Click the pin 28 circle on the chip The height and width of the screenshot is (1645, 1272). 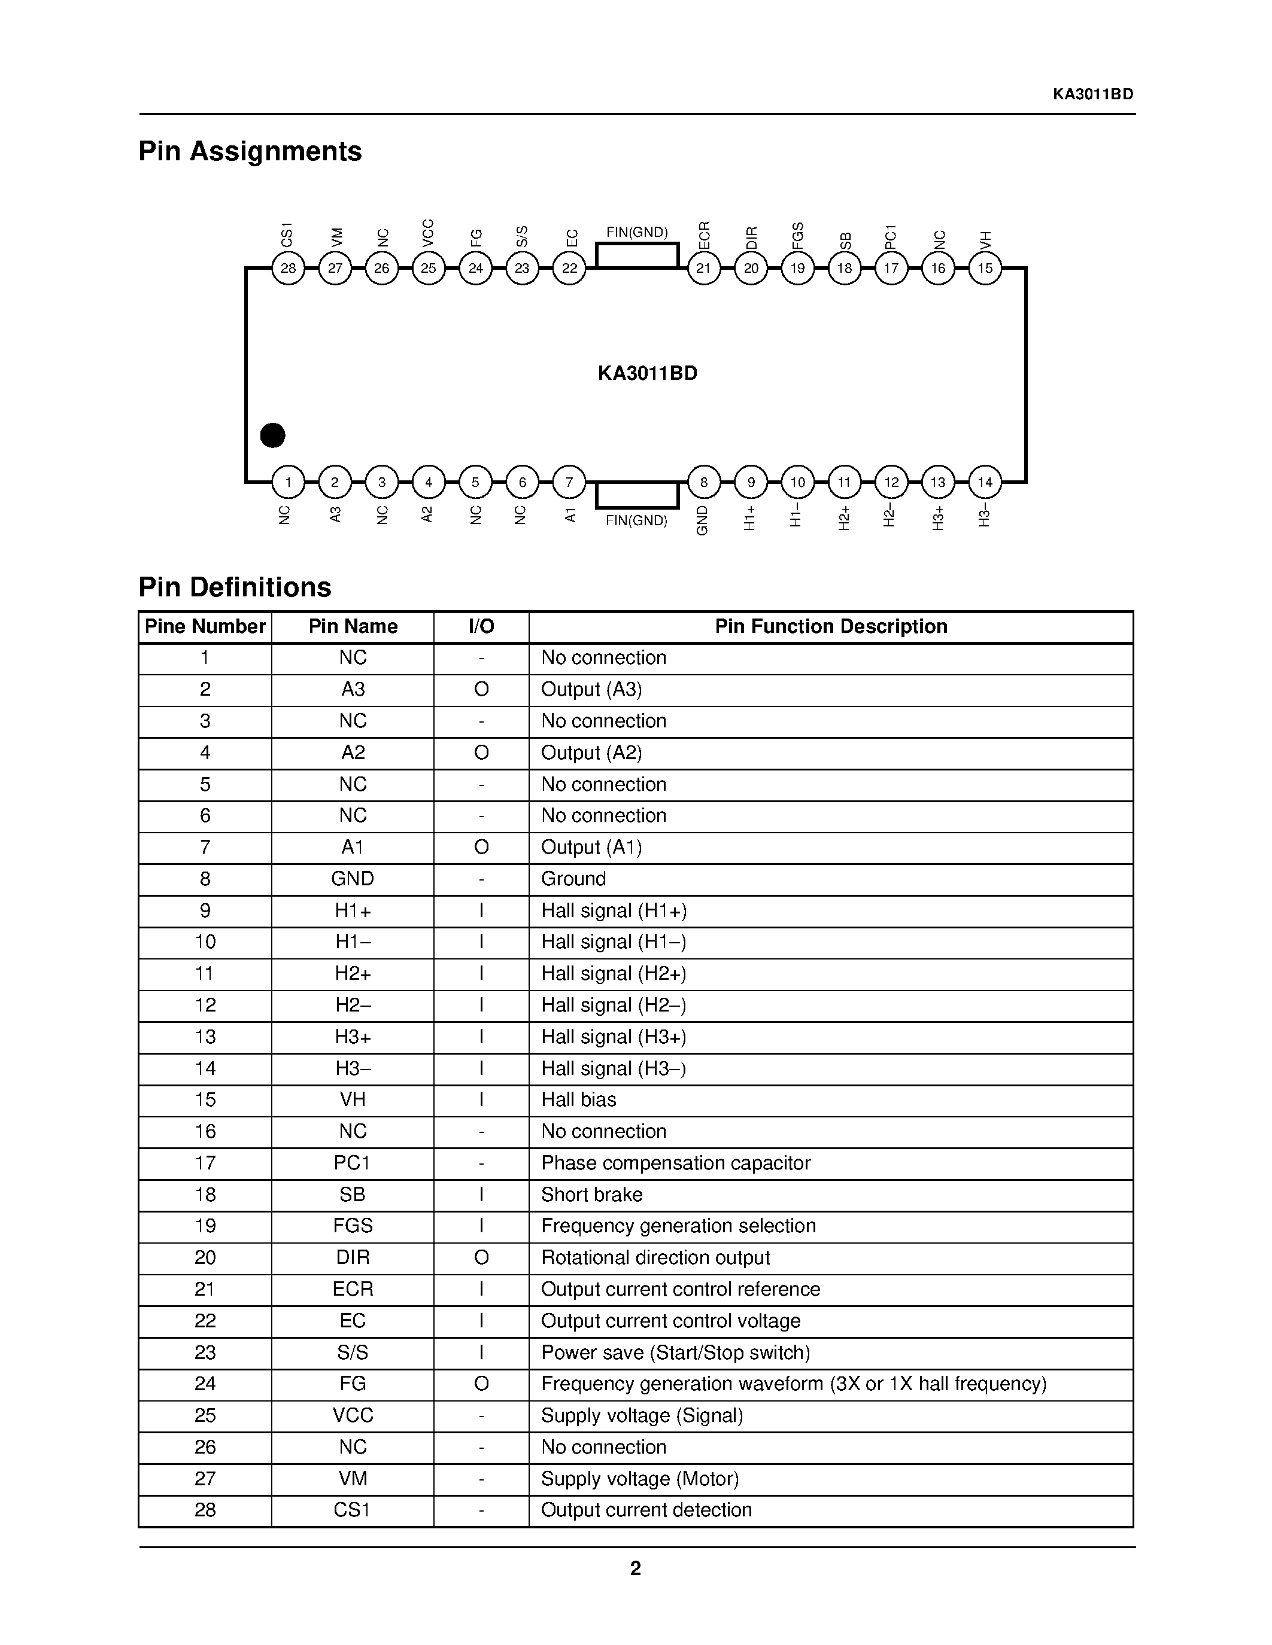click(x=288, y=268)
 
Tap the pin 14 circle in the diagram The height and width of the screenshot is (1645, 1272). click(x=985, y=482)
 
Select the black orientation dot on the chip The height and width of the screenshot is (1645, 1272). click(x=272, y=435)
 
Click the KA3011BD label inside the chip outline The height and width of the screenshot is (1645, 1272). click(x=647, y=374)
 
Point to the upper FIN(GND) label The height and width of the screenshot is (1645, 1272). click(x=637, y=232)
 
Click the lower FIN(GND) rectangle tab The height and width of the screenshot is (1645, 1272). click(x=637, y=495)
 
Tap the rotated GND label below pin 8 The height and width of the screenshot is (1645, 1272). click(x=702, y=520)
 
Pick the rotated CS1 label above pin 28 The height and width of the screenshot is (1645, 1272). click(x=286, y=234)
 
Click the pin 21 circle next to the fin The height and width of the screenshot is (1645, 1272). click(x=704, y=268)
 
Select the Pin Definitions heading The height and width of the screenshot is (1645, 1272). click(x=235, y=587)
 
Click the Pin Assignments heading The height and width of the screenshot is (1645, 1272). click(x=250, y=151)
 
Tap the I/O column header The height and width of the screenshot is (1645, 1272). click(x=481, y=627)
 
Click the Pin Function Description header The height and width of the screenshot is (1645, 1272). click(x=830, y=627)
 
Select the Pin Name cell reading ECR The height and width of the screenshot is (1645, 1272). click(x=353, y=1288)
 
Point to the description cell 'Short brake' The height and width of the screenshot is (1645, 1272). click(x=591, y=1195)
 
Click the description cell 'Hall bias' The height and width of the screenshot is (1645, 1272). click(x=579, y=1099)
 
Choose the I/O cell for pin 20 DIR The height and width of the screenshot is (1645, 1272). click(x=481, y=1257)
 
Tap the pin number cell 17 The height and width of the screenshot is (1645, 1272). click(x=205, y=1163)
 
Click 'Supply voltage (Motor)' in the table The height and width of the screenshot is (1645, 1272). click(x=640, y=1479)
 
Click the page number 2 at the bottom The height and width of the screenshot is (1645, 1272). click(x=635, y=1568)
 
